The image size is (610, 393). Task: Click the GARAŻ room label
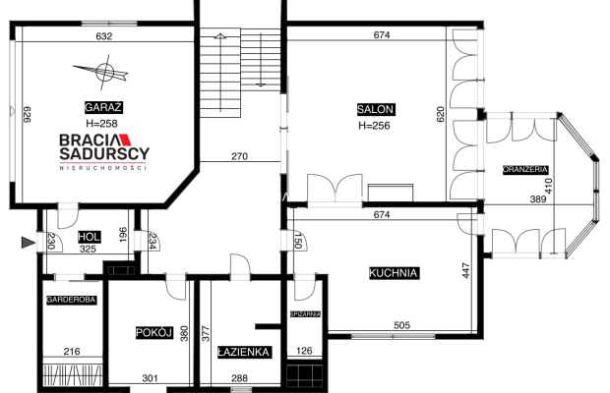point(103,107)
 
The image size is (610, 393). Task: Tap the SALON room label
point(376,109)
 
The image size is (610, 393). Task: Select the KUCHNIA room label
point(393,272)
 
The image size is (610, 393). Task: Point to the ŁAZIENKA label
point(244,352)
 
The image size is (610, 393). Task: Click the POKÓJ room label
point(154,332)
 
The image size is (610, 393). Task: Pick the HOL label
point(90,237)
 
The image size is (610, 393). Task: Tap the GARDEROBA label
point(71,300)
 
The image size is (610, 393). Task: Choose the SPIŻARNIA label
point(305,313)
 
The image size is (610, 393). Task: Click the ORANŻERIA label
point(525,169)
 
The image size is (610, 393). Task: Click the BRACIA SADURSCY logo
point(104,152)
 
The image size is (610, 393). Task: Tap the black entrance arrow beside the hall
point(28,243)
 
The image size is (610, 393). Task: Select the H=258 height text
point(101,124)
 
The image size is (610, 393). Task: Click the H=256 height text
point(374,126)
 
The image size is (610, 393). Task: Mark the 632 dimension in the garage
point(104,36)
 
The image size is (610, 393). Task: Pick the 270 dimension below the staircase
point(239,156)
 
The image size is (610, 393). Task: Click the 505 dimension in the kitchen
point(401,325)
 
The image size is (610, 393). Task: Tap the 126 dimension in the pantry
point(304,351)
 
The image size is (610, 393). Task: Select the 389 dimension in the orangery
point(538,199)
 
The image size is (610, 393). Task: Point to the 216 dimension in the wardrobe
point(72,352)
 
